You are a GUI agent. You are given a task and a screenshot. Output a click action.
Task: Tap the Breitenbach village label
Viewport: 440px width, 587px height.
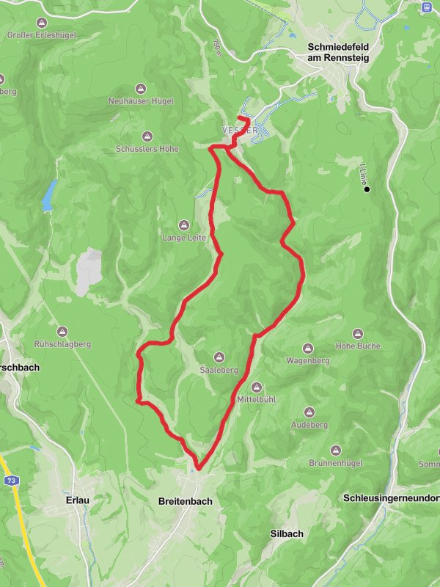point(185,502)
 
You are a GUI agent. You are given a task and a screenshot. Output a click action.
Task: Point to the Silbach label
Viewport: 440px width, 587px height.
point(287,533)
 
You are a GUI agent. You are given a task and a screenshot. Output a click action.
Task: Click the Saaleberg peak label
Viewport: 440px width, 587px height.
point(219,371)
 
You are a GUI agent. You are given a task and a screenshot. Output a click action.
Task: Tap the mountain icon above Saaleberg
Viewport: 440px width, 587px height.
point(219,358)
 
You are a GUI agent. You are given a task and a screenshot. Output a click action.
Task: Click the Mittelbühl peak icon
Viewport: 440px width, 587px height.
point(257,387)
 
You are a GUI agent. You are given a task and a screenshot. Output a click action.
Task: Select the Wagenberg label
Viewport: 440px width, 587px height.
point(307,361)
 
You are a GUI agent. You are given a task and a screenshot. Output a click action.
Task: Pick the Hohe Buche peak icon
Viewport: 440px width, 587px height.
point(359,333)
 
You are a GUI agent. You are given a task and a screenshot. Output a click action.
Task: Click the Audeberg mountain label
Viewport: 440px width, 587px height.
point(309,425)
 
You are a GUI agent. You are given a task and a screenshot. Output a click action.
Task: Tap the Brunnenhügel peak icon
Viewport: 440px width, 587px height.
point(337,450)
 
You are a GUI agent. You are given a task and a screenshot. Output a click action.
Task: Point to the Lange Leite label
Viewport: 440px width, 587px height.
point(185,238)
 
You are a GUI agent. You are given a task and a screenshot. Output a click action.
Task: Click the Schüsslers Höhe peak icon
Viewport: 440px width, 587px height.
point(147,136)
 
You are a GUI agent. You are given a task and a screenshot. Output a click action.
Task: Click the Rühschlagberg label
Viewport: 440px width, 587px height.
point(62,343)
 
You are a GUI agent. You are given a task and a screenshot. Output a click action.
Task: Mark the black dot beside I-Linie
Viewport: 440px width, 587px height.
point(367,190)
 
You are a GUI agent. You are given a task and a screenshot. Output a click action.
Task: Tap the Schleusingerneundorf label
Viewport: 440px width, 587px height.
point(391,498)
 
